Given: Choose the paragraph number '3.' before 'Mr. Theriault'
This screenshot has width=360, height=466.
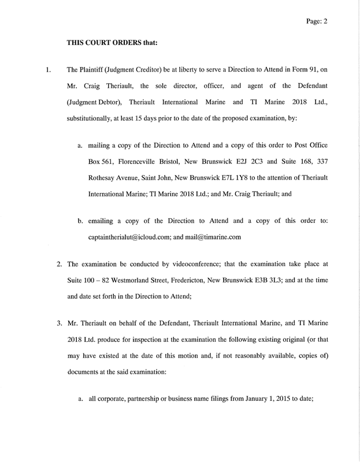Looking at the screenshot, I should point(60,322).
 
